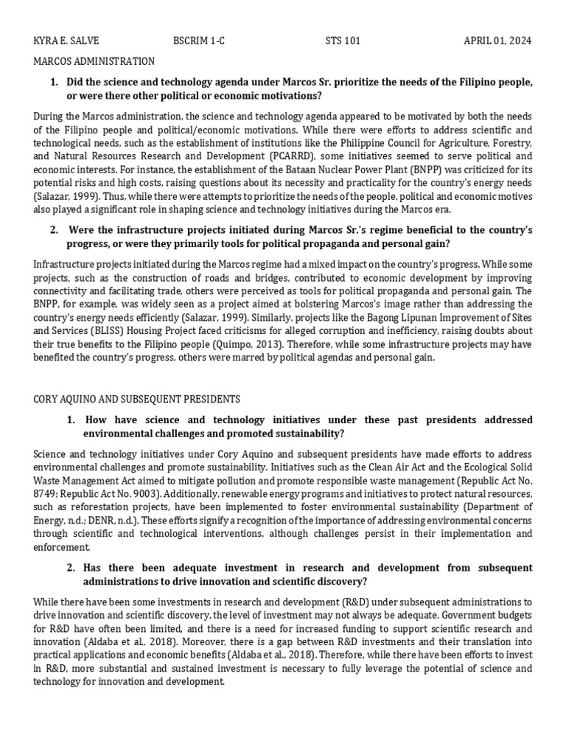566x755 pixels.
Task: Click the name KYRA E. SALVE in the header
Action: (x=67, y=41)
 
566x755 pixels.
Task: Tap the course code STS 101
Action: (x=343, y=41)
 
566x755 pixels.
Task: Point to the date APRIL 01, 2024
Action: (x=497, y=41)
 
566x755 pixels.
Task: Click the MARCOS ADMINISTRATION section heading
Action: (x=94, y=61)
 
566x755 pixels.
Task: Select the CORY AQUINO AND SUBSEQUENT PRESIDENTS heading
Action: (x=137, y=399)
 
